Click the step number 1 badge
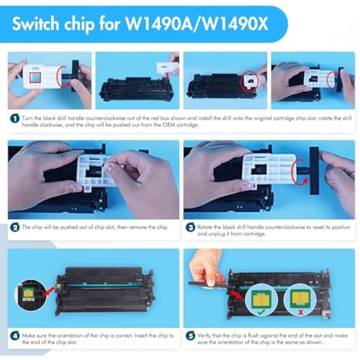pos(15,118)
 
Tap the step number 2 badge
pos(15,227)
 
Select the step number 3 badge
pos(190,227)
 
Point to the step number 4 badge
pos(15,336)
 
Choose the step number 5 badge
pos(190,336)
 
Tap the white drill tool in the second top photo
pos(166,68)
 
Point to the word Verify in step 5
pos(205,335)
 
